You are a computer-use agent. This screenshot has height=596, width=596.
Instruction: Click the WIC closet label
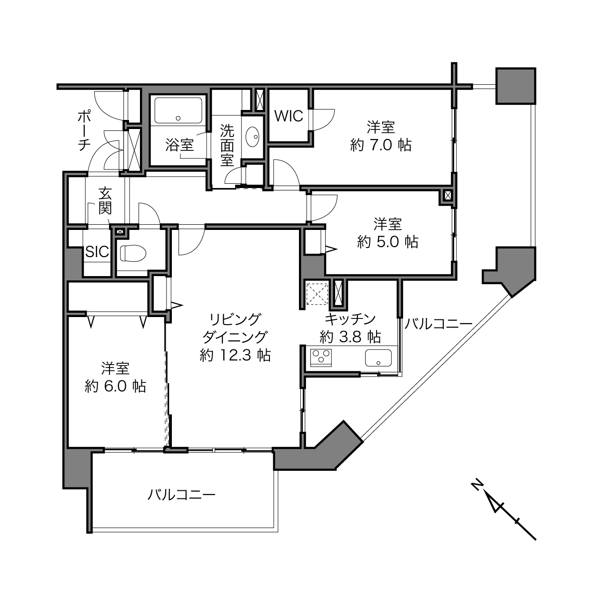pos(288,116)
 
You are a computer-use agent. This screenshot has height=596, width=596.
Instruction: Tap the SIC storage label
pos(97,252)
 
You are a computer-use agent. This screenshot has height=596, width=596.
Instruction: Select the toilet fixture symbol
pos(133,253)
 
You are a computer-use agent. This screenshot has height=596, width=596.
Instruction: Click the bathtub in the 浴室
pos(178,110)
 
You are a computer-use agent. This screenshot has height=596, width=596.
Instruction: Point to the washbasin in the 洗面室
pos(253,137)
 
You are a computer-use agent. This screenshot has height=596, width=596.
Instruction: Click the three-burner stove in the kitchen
pos(321,358)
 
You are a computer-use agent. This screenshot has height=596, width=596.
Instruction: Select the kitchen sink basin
pos(378,358)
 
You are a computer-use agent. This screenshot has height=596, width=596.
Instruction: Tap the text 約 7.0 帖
pos(381,145)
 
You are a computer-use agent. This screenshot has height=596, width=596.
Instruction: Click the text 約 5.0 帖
pos(387,241)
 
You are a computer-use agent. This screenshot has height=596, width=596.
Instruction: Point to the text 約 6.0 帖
pos(115,386)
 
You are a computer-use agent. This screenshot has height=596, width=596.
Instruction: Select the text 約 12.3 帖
pos(235,356)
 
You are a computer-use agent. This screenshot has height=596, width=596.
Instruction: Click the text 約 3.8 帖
pos(350,337)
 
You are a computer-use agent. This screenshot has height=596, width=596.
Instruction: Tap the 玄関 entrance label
pos(105,201)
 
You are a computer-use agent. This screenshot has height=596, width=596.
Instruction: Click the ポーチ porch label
pos(84,131)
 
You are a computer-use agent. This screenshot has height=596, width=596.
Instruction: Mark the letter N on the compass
pos(477,484)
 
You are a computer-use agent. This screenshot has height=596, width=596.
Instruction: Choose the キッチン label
pos(350,319)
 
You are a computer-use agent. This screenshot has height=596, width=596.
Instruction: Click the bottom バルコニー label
pos(181,495)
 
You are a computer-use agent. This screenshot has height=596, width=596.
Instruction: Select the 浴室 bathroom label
pos(179,145)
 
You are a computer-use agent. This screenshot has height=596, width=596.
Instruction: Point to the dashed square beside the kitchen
pos(317,294)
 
